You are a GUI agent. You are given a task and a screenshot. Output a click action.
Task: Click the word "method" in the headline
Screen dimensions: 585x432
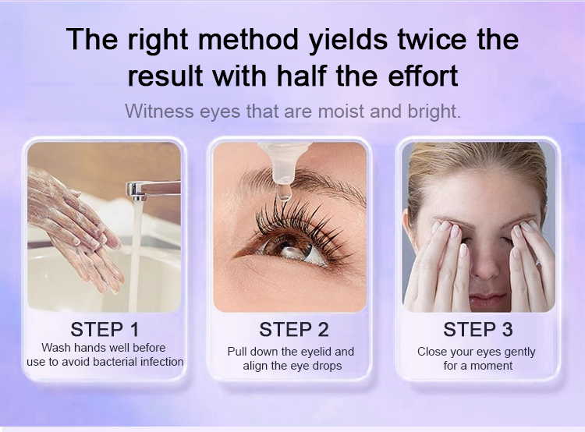tap(248, 39)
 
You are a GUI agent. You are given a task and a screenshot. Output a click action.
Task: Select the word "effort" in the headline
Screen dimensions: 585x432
tap(423, 76)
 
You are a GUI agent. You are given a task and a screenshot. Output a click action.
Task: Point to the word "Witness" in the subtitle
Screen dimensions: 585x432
tap(159, 112)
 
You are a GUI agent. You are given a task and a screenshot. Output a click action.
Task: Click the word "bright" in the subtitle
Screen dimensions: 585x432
tap(434, 112)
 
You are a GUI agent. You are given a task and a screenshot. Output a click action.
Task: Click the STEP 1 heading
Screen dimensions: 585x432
tap(105, 329)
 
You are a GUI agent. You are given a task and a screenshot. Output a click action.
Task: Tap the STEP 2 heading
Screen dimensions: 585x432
tap(294, 329)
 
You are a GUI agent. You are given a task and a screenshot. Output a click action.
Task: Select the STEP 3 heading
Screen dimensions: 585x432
tap(478, 329)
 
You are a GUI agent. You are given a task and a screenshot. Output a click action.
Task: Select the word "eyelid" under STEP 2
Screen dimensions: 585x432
tap(317, 352)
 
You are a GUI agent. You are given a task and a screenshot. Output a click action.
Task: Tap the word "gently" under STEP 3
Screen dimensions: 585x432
tap(519, 352)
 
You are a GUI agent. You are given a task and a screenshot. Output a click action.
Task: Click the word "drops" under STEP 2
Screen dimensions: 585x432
tap(327, 366)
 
